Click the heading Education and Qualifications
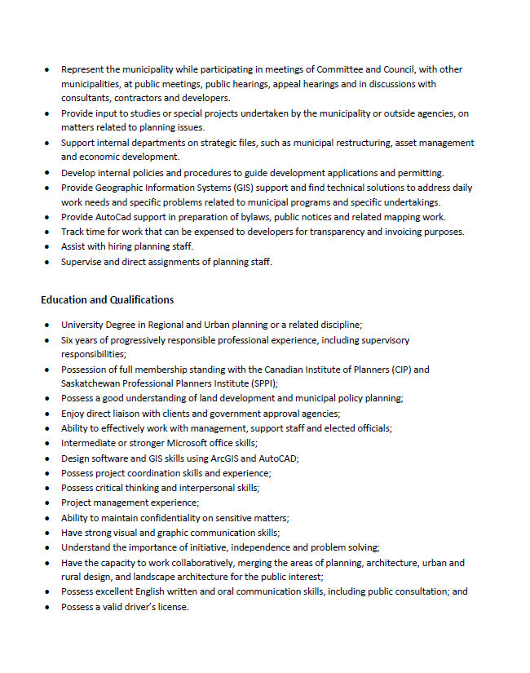[x=107, y=300]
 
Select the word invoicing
[x=386, y=232]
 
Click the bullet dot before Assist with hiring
[x=47, y=247]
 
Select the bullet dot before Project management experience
[x=47, y=503]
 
